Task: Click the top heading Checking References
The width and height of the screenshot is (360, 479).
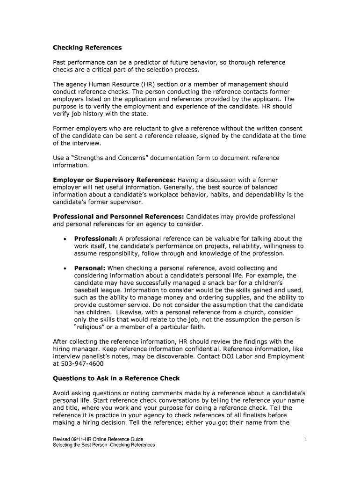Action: coord(87,48)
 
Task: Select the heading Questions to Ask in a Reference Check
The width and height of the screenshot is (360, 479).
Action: coord(116,378)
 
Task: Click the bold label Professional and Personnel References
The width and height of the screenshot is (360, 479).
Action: coord(119,217)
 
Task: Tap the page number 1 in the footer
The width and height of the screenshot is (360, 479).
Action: coord(305,439)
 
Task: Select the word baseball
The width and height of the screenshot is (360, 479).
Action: coord(88,290)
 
